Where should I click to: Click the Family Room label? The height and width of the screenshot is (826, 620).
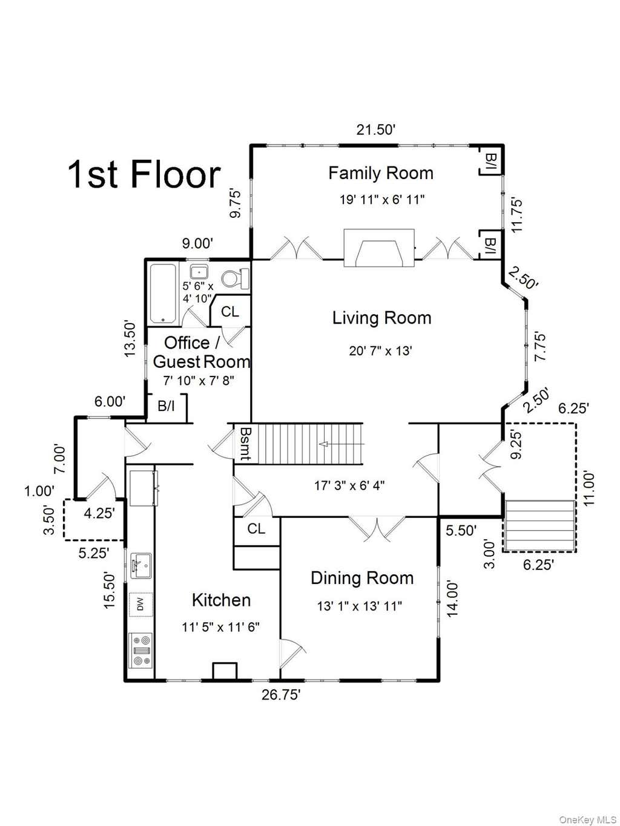coord(381,173)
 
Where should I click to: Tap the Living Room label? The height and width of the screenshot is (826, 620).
coord(381,318)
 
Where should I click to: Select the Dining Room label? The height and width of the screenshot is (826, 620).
coord(362,578)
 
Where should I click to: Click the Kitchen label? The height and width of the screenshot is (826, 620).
coord(221,600)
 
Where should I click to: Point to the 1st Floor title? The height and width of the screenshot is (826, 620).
coord(144,175)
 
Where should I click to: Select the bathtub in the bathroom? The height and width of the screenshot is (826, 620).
coord(163,294)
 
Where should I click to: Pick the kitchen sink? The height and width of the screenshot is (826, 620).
coord(141,566)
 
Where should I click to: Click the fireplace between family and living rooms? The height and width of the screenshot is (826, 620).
coord(379,248)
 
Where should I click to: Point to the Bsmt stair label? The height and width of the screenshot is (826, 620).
coord(245,444)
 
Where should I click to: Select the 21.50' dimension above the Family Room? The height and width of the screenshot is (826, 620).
coord(375,130)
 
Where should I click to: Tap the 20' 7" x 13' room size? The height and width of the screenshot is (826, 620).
coord(381,351)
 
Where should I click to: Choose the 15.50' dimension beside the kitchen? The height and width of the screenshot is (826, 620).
coord(109,597)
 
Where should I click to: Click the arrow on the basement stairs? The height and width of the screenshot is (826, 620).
coord(342,444)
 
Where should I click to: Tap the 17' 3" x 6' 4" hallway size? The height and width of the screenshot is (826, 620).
coord(349,485)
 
